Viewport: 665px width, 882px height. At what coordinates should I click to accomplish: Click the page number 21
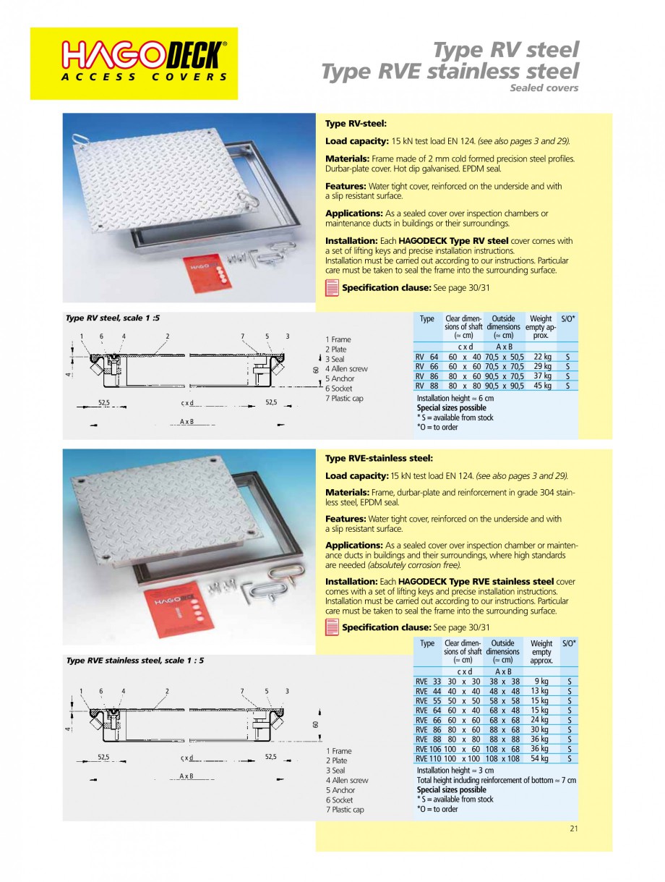tap(573, 829)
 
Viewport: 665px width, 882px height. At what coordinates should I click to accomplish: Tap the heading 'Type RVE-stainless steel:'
tap(379, 458)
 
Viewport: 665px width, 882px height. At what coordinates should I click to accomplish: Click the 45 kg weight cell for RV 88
tap(542, 386)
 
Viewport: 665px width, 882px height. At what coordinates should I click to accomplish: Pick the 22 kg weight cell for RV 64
tap(542, 357)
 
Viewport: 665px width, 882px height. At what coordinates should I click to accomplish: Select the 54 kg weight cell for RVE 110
tap(539, 758)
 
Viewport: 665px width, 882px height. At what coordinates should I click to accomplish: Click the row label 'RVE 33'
tap(427, 681)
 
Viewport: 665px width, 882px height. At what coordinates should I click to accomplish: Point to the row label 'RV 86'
tap(426, 376)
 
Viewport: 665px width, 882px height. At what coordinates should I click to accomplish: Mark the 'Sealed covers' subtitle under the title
tap(544, 88)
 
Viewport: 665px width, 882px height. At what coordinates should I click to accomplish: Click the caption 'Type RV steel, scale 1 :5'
tap(112, 318)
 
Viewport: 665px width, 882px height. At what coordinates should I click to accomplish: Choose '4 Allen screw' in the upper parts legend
tap(346, 369)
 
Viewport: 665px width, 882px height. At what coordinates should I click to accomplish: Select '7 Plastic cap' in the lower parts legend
tap(345, 810)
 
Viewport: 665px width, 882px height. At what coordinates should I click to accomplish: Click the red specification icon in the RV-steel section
tap(332, 288)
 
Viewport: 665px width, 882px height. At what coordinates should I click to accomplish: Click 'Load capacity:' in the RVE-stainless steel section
tap(356, 475)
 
